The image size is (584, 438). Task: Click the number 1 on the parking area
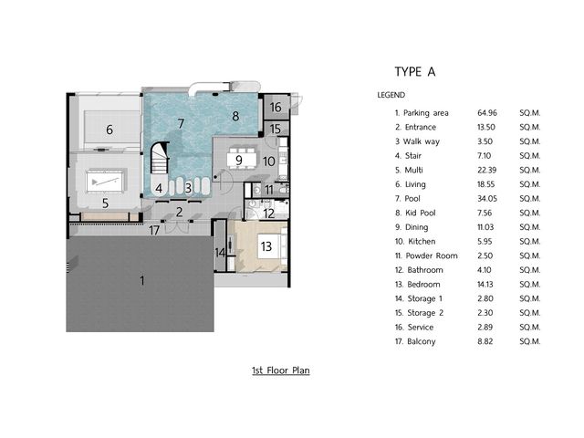coord(142,280)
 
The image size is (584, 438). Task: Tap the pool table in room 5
coord(106,182)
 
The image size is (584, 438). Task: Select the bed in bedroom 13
coord(272,245)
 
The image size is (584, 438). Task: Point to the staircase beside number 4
coord(160,158)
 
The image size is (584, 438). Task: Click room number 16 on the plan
coord(276,108)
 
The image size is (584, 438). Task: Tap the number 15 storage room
coord(276,129)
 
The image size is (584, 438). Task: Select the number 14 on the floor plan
coord(220,253)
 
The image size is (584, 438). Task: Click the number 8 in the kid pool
coord(235,116)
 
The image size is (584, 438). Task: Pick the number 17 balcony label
coord(154,230)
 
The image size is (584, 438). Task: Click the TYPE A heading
coord(415,71)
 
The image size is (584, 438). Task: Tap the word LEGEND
coord(391,95)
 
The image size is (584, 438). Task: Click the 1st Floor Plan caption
coord(281,370)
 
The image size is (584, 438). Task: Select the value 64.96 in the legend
coord(487,112)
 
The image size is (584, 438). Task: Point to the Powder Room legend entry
coord(426,255)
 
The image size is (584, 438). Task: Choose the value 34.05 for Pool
coord(487,199)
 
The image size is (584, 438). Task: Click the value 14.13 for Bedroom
coord(485,285)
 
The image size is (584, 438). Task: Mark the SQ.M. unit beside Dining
coord(530,227)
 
